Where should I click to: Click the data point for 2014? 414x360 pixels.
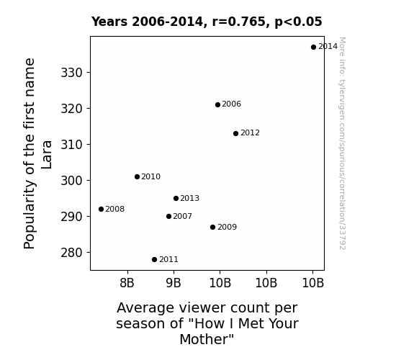click(313, 47)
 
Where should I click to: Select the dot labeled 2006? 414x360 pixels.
click(217, 104)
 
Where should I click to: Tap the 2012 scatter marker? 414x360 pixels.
click(235, 133)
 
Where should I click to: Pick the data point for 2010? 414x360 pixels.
click(137, 176)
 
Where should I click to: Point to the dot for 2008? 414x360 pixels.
click(101, 210)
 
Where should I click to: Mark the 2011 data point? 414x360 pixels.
click(155, 260)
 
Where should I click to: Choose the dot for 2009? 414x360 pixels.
click(213, 227)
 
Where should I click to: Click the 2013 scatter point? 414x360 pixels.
click(176, 198)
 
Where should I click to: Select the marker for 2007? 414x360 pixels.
click(168, 216)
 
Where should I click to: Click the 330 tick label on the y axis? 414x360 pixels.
click(72, 73)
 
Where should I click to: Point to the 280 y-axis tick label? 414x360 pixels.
click(72, 253)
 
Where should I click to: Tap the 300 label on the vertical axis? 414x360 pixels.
click(72, 181)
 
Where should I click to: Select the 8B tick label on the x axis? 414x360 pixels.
click(127, 283)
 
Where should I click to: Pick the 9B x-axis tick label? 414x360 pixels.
click(174, 283)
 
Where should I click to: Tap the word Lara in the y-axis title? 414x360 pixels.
click(47, 155)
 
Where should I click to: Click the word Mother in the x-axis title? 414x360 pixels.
click(207, 339)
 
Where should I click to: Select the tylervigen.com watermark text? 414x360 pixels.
click(342, 143)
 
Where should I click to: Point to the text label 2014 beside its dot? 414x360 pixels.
click(328, 47)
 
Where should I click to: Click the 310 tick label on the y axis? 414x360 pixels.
click(72, 145)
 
